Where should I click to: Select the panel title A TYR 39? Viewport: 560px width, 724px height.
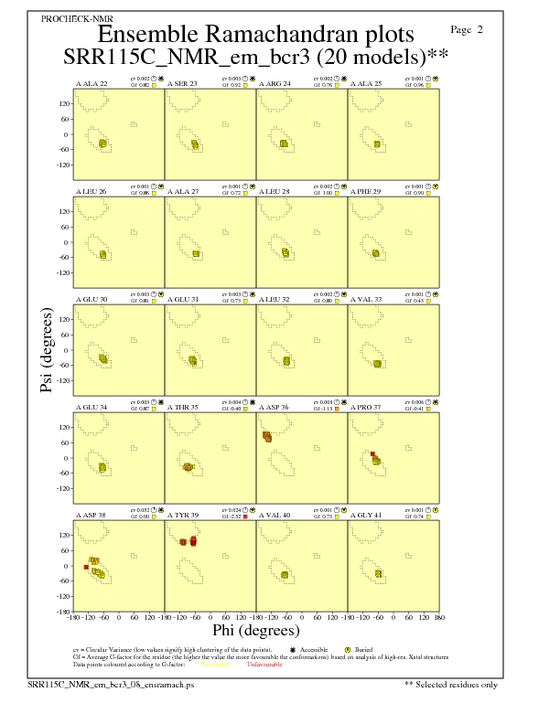184,515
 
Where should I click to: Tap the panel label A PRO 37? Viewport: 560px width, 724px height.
369,407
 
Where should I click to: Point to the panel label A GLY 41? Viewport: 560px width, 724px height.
368,515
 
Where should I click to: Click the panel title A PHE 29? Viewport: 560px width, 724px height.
368,191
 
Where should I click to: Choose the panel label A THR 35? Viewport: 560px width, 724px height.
185,407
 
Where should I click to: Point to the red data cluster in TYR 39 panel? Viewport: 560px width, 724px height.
193,542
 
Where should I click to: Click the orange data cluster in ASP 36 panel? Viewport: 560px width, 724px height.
267,437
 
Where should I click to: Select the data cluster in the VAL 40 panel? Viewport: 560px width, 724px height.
285,575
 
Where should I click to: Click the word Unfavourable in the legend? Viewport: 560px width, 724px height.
264,665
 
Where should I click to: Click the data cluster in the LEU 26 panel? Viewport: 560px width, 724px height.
103,254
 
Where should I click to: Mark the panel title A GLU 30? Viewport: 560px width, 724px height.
92,299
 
